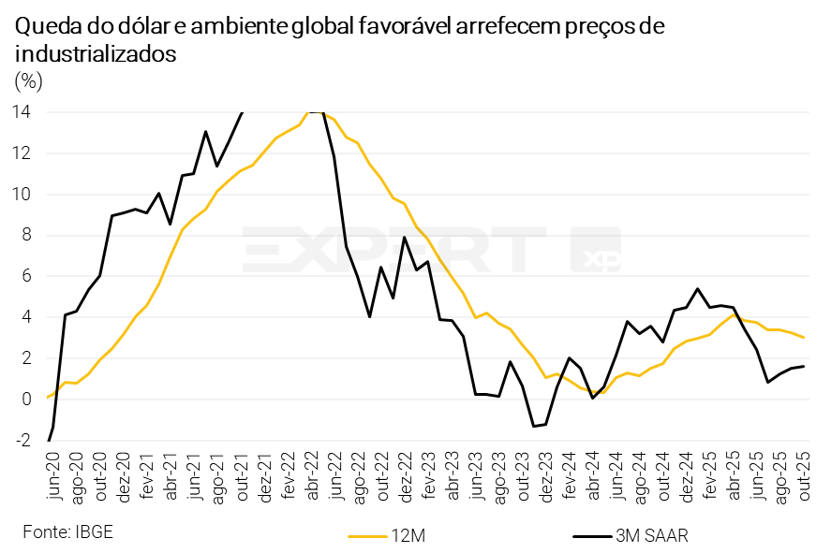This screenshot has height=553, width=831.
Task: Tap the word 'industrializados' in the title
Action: (96, 54)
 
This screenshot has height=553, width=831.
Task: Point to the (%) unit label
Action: (29, 81)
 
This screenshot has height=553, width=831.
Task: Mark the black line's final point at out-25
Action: (804, 366)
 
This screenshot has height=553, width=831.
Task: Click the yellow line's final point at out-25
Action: (804, 338)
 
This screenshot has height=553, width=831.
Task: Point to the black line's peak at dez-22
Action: (404, 237)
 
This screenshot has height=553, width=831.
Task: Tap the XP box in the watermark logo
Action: (597, 251)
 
